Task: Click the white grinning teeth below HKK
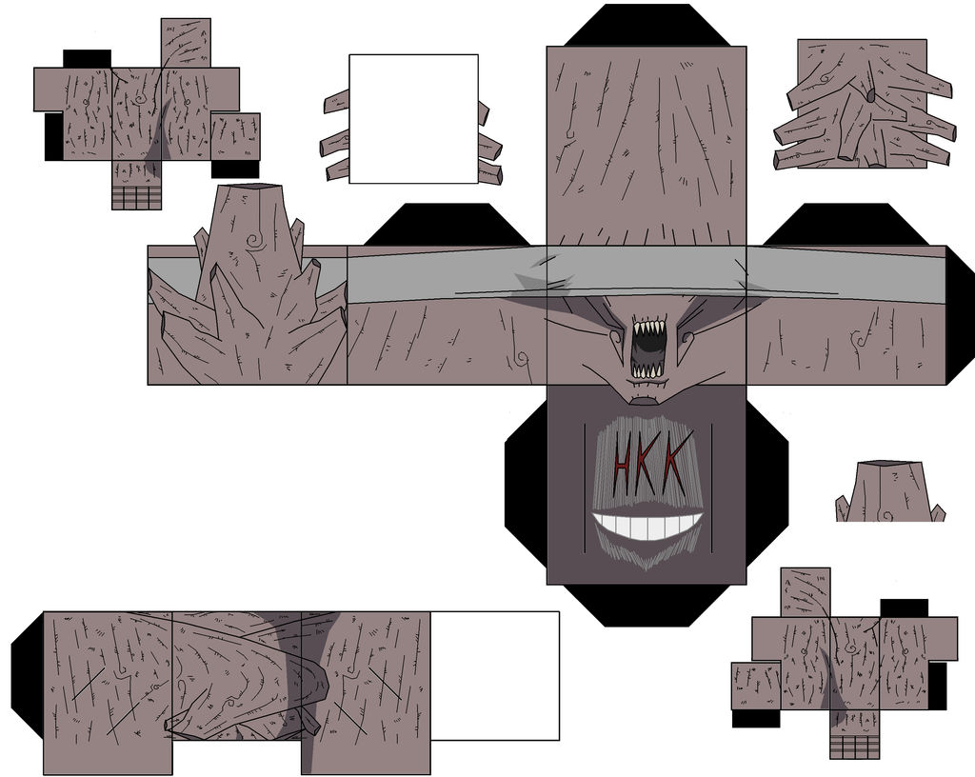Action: click(647, 526)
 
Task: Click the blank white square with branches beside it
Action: click(413, 119)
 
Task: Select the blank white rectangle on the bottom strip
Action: click(495, 676)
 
